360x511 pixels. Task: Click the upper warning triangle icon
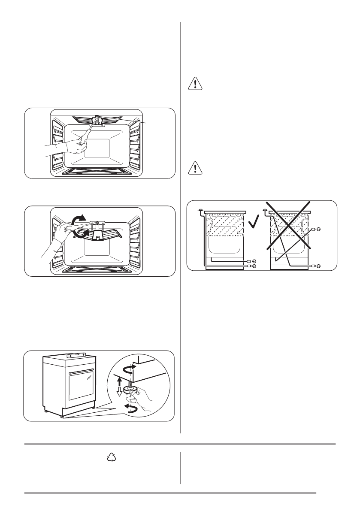pyautogui.click(x=195, y=84)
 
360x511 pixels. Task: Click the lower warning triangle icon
pyautogui.click(x=195, y=168)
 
